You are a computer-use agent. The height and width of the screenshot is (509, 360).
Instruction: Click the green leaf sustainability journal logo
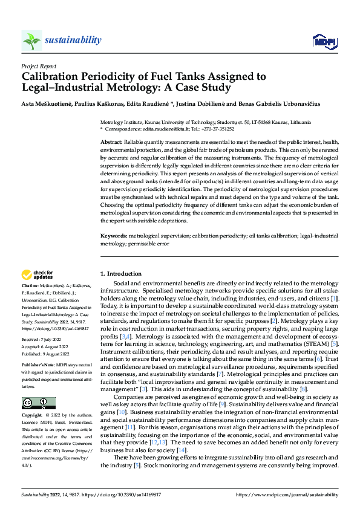[x=31, y=41]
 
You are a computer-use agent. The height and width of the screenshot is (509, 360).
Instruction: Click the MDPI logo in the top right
[x=324, y=41]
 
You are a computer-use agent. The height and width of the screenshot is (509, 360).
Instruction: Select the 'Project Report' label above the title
[x=39, y=66]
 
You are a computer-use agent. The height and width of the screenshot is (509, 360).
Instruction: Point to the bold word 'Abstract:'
[x=112, y=141]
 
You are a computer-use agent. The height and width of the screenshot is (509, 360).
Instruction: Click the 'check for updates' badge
[x=38, y=275]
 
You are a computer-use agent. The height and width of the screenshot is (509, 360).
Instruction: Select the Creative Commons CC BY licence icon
[x=38, y=403]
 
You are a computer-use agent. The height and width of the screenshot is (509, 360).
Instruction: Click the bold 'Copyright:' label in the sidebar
[x=32, y=417]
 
